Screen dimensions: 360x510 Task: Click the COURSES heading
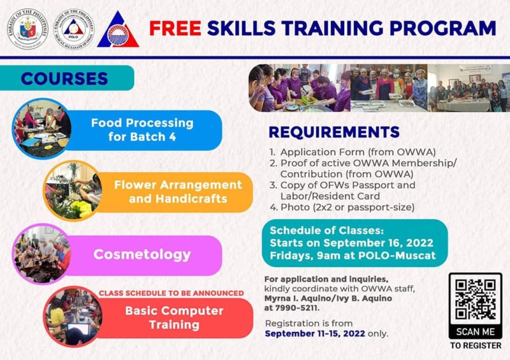(64, 78)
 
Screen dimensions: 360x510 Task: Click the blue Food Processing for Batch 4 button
(142, 129)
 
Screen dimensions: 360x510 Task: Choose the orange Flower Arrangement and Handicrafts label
(178, 192)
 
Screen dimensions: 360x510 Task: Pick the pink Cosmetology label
(142, 254)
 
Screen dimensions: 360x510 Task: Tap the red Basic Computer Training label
(165, 317)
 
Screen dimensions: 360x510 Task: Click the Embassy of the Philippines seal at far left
(27, 29)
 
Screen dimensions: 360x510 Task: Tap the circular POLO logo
(72, 29)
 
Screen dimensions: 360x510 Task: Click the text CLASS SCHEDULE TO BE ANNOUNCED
(171, 293)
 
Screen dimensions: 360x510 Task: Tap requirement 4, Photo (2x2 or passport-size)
(342, 207)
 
